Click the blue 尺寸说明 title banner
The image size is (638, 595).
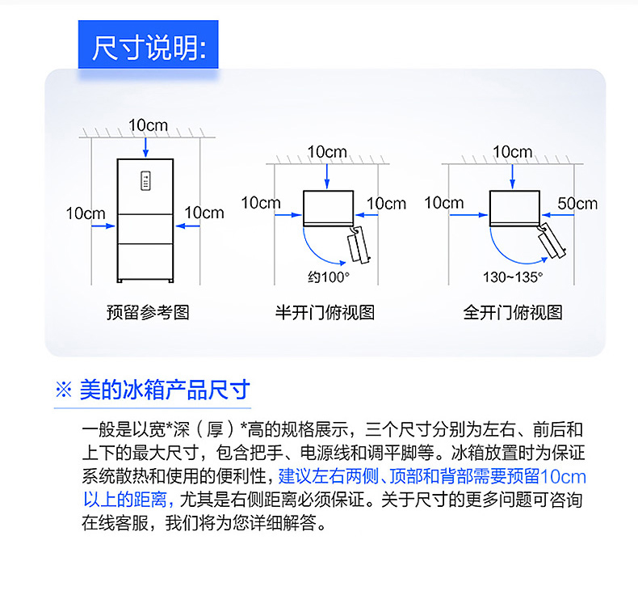(x=148, y=44)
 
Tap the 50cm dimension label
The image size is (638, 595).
(x=577, y=204)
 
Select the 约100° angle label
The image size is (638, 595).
(x=329, y=277)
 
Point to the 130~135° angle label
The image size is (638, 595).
(x=513, y=277)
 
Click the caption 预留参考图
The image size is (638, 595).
(x=148, y=312)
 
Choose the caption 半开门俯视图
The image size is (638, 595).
(x=325, y=312)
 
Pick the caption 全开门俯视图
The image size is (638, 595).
(x=513, y=312)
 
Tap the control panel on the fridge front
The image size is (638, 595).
(x=145, y=180)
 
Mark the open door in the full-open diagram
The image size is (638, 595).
(x=552, y=241)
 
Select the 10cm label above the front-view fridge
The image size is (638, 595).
(x=148, y=125)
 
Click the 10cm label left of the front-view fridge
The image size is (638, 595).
(x=86, y=213)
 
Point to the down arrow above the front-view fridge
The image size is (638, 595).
(x=145, y=147)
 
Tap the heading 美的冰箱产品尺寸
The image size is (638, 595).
(x=165, y=390)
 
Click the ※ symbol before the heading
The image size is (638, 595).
(x=64, y=390)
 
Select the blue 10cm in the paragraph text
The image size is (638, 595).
(x=564, y=476)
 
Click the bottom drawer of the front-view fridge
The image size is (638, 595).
(x=145, y=261)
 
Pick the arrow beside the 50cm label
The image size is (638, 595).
(x=558, y=214)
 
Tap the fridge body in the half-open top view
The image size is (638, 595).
(x=329, y=207)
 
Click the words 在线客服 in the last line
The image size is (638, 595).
(x=115, y=523)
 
